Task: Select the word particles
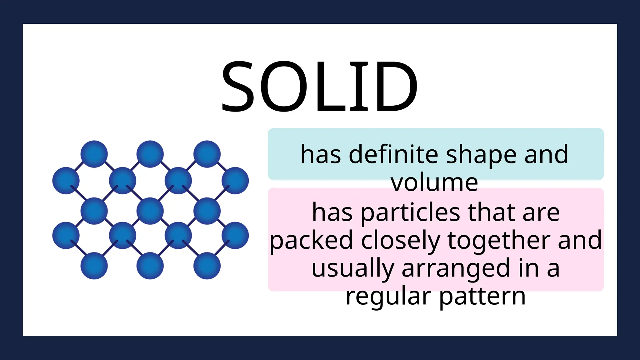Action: tap(410, 212)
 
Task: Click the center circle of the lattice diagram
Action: tap(150, 211)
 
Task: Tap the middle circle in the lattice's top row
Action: tap(150, 154)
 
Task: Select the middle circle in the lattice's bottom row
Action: tap(150, 266)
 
